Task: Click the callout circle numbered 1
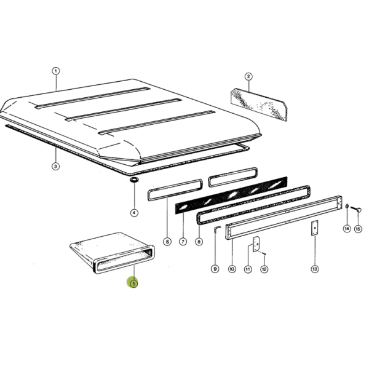pos(56,71)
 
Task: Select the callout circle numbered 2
pos(248,76)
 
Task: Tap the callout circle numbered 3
pos(55,167)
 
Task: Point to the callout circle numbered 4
pos(134,213)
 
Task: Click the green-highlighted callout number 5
pos(133,284)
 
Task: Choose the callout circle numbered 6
pos(167,242)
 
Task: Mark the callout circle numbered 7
pos(183,242)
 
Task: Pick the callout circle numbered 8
pos(199,242)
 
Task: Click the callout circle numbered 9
pos(215,269)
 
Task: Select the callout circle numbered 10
pos(232,269)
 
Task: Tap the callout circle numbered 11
pos(248,269)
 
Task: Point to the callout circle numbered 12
pos(264,269)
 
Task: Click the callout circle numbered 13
pos(315,269)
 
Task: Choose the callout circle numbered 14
pos(347,229)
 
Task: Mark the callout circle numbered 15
pos(358,229)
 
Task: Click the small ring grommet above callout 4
pos(134,180)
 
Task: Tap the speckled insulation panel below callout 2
pos(259,105)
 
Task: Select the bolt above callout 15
pos(356,208)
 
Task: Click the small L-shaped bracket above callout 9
pos(217,229)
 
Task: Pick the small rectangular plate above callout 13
pos(315,228)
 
